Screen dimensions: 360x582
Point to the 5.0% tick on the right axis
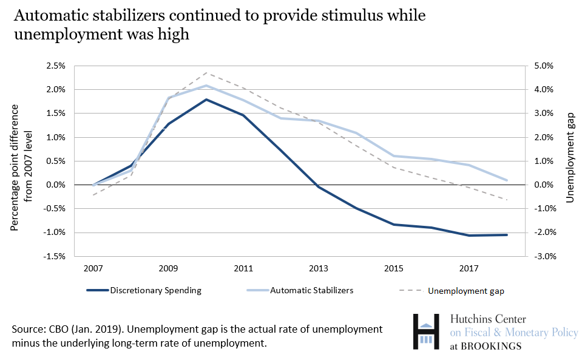click(544, 66)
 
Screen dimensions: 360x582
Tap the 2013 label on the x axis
click(319, 267)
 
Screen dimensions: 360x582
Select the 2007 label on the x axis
click(93, 267)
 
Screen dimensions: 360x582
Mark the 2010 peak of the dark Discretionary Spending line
click(206, 100)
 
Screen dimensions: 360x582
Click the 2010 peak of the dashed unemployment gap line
click(206, 73)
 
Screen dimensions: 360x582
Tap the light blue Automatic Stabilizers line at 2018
click(507, 180)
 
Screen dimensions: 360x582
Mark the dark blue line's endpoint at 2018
click(507, 235)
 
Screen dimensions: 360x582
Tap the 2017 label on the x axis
click(469, 267)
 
